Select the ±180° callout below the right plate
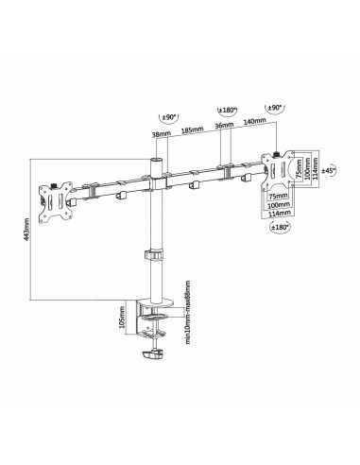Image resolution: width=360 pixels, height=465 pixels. (x=280, y=226)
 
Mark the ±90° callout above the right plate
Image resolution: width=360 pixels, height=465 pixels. (x=275, y=110)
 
